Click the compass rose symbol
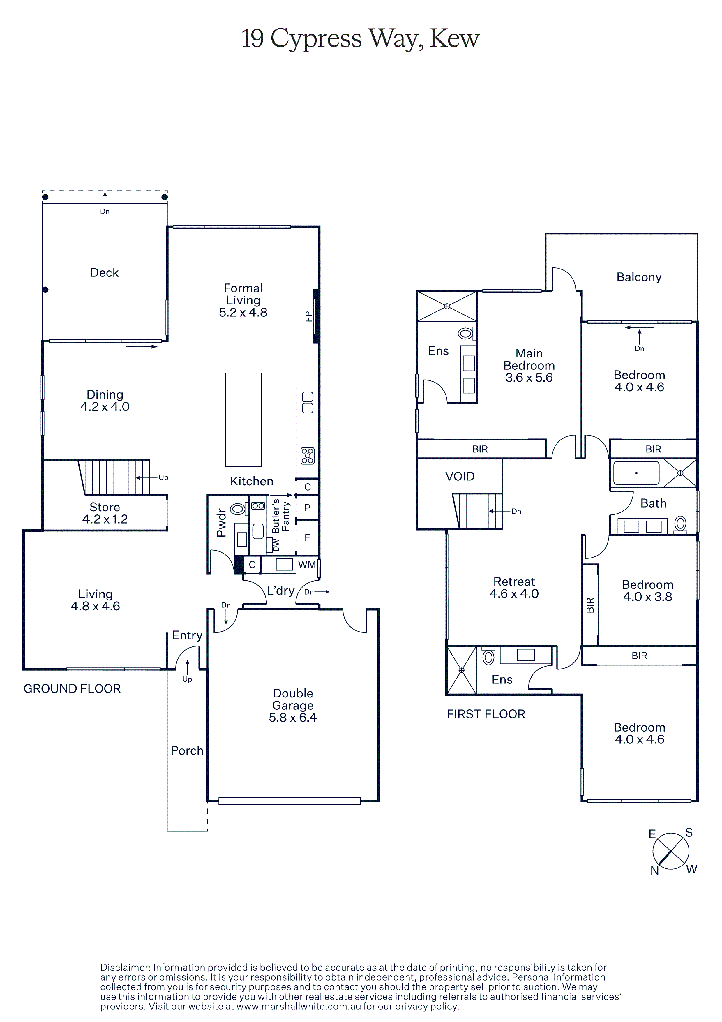coord(670,852)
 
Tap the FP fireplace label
coord(308,316)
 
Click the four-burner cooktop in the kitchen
coord(307,455)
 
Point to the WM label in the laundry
coord(307,564)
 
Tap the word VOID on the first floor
coord(460,476)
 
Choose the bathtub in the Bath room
coord(636,473)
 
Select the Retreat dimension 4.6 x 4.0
coord(514,593)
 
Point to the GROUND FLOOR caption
coord(72,689)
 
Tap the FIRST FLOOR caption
coord(486,714)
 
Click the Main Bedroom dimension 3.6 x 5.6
coord(529,378)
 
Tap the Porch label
coord(187,750)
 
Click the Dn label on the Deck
coord(105,212)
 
